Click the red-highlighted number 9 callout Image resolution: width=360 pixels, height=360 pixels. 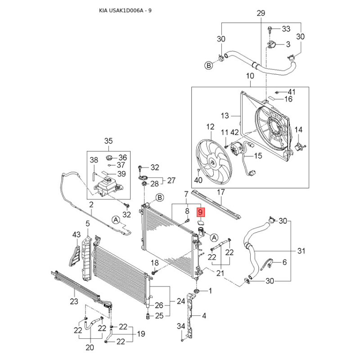pyautogui.click(x=200, y=212)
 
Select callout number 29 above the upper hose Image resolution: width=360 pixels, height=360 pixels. pyautogui.click(x=261, y=13)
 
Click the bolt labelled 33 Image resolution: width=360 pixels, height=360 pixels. pyautogui.click(x=270, y=30)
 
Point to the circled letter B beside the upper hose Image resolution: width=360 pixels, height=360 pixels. pyautogui.click(x=209, y=66)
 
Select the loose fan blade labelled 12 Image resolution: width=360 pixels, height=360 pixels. pyautogui.click(x=214, y=162)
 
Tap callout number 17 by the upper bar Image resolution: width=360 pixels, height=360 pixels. pyautogui.click(x=221, y=192)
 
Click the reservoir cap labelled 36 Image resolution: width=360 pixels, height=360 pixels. pyautogui.click(x=109, y=158)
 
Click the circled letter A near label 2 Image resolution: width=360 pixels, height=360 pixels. pyautogui.click(x=116, y=220)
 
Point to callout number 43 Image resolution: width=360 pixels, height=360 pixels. pyautogui.click(x=76, y=234)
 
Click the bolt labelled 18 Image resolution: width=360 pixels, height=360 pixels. pyautogui.click(x=154, y=272)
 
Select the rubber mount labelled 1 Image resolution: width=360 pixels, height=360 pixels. pyautogui.click(x=197, y=291)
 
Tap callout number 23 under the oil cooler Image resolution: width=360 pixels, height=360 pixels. pyautogui.click(x=74, y=301)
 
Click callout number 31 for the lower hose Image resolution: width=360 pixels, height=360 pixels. pyautogui.click(x=301, y=251)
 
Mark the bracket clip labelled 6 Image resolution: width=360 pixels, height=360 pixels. pyautogui.click(x=268, y=264)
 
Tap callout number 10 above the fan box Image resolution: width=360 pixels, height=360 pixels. pyautogui.click(x=250, y=76)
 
